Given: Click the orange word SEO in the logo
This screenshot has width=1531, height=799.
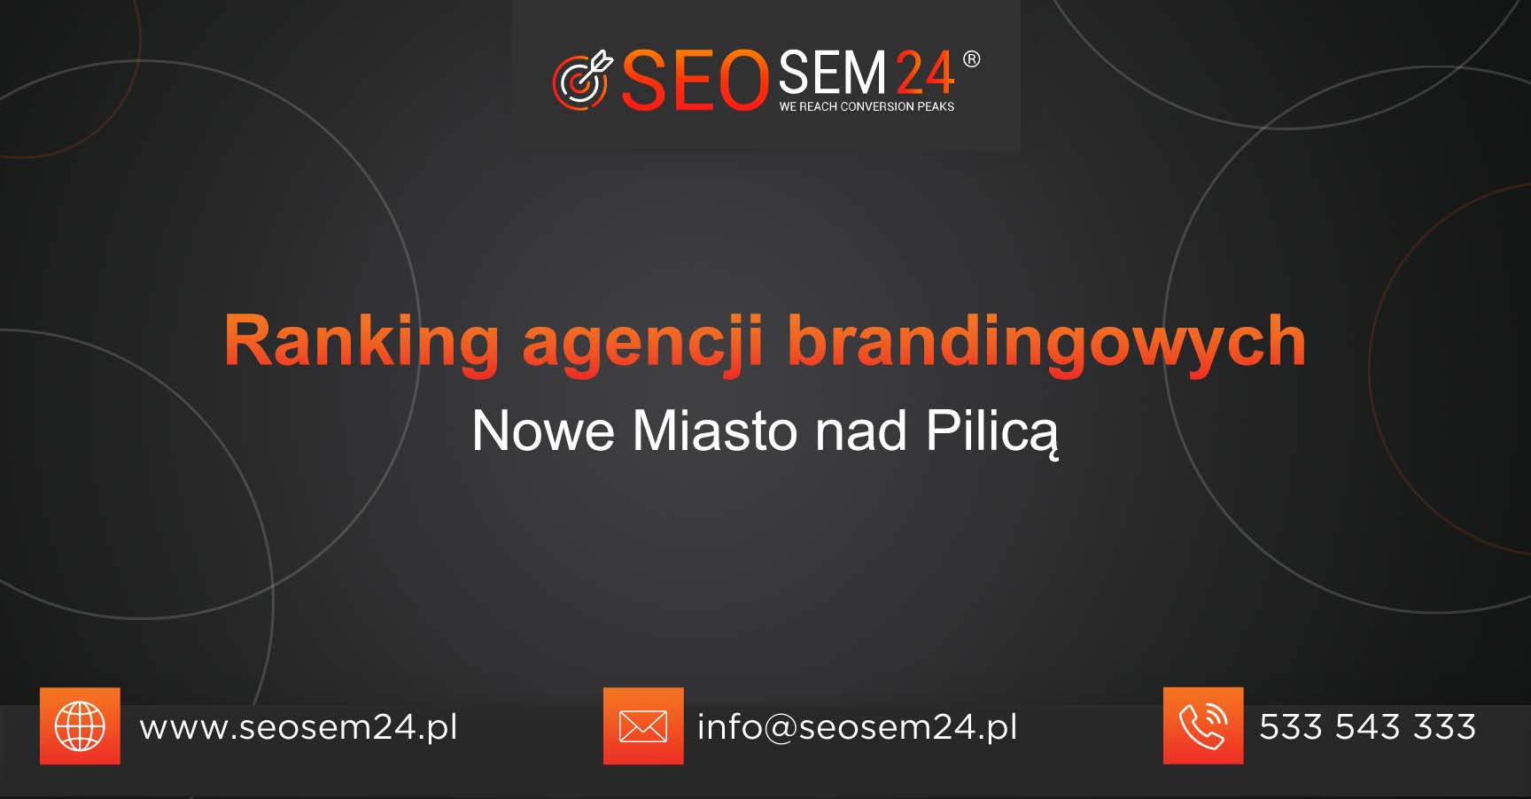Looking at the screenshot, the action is point(695,81).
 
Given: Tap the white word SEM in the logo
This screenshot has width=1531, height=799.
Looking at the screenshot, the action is point(832,73).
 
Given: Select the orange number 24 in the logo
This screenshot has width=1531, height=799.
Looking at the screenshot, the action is point(925,73).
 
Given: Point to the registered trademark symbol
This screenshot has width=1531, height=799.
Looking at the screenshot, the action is point(971,59).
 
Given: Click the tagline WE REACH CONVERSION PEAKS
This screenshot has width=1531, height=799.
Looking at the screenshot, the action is point(867,106).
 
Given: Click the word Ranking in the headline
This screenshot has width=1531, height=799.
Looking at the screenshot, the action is point(361,341).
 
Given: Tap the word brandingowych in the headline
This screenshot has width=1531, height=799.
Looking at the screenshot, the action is point(1046,342).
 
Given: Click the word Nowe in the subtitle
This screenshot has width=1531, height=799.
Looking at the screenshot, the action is point(543,431).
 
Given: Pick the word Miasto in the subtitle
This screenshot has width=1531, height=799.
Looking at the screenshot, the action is point(714,431).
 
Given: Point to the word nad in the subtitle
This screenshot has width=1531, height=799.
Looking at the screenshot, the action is point(860,431).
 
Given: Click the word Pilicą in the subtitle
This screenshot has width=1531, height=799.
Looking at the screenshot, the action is point(991,433).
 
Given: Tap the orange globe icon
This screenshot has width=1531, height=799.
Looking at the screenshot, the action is point(80,725).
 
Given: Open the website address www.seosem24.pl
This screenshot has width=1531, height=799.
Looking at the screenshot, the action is point(299,727).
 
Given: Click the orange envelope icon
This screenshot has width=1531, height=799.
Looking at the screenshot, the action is point(643,725).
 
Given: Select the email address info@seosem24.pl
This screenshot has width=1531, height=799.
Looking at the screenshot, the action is point(857,727).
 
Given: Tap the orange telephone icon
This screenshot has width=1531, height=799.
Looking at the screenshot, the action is point(1203,725).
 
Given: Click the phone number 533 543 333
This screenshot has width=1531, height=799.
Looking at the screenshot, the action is point(1367,727).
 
